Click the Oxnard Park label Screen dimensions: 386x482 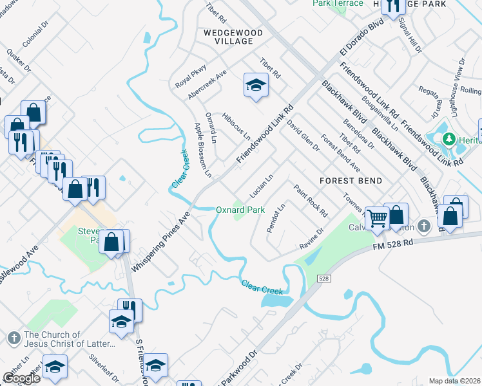(x=240, y=210)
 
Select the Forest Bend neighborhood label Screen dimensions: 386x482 (x=352, y=181)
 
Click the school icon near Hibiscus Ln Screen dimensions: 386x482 (x=255, y=85)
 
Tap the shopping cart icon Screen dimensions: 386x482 (x=376, y=217)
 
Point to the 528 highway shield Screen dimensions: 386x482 (x=324, y=278)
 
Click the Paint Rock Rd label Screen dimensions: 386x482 (x=311, y=200)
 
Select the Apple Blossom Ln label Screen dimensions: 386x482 (x=203, y=149)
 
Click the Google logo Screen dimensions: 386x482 (x=21, y=378)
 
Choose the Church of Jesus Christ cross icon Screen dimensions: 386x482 (x=14, y=338)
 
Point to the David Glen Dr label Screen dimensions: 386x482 (x=303, y=136)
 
